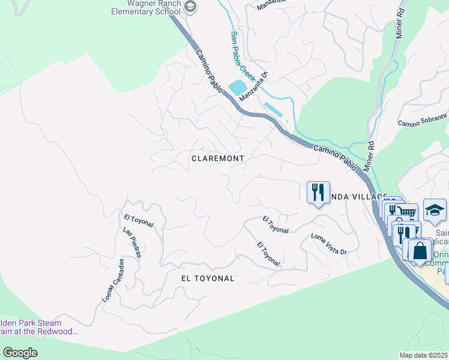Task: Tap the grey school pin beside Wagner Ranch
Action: pos(190,7)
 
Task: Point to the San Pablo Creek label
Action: pos(243,56)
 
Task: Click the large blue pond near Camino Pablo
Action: pos(238,86)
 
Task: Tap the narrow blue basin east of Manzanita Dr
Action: pos(274,110)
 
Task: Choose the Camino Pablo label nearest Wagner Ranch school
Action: pos(209,70)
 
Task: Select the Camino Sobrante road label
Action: pos(423,120)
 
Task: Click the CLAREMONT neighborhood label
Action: pos(217,158)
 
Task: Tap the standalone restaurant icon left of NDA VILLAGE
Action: pos(318,192)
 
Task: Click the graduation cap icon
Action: pos(435,210)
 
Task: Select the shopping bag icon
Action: pos(420,250)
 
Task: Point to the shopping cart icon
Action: pos(408,212)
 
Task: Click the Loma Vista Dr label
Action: pos(329,244)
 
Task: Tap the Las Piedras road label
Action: pos(131,242)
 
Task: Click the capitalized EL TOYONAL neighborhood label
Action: pos(208,278)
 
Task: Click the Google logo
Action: pos(20,353)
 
